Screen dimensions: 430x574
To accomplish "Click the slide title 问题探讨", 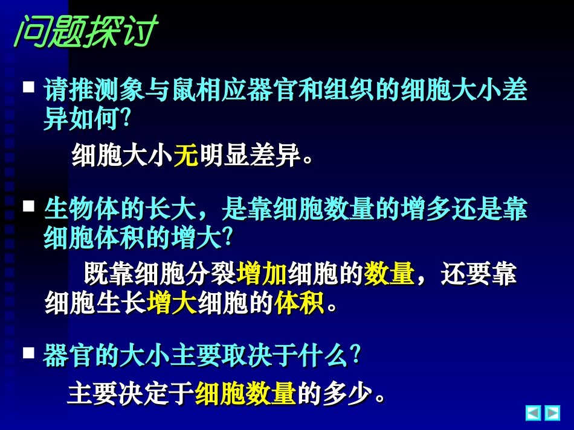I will [x=85, y=32].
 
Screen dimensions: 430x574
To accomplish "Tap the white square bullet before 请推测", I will [x=28, y=87].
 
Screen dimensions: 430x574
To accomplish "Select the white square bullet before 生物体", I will [x=28, y=206].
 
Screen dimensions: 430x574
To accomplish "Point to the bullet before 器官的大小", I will [x=28, y=353].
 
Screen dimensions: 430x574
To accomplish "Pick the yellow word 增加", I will [x=262, y=274].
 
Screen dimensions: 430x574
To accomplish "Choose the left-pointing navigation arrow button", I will [x=534, y=413].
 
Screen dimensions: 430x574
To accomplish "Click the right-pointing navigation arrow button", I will [x=552, y=413].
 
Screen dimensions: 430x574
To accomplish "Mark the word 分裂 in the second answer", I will [x=211, y=274].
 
